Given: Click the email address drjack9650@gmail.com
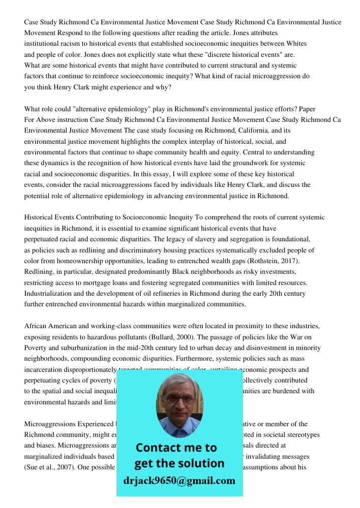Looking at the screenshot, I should point(179,480).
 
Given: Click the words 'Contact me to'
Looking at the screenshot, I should point(176,448).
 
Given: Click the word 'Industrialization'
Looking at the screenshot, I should point(51,294).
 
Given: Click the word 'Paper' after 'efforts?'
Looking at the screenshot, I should point(307,109).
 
